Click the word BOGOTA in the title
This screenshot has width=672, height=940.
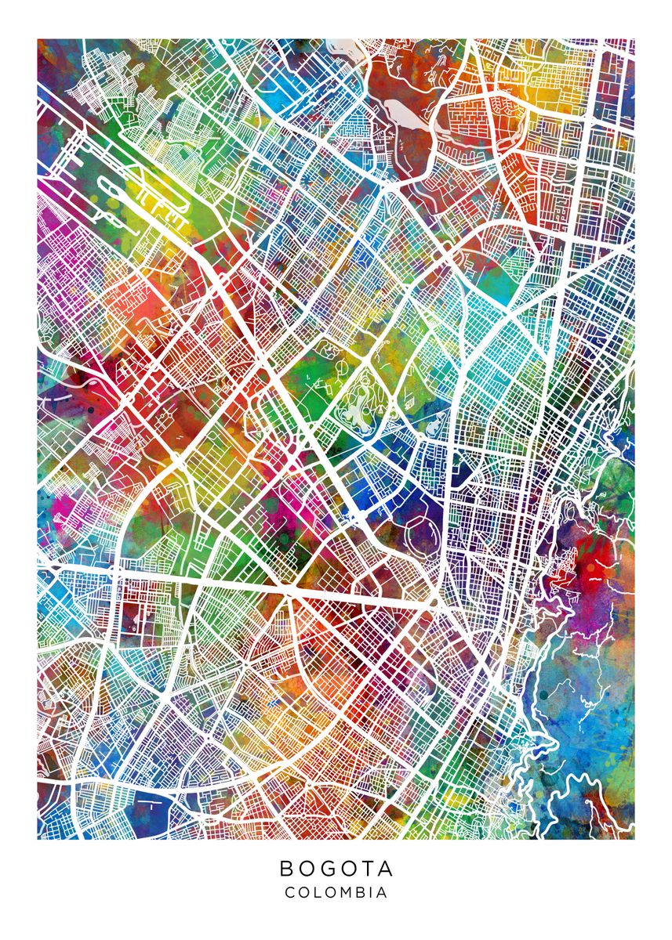click(x=336, y=869)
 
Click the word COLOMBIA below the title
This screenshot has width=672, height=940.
click(x=336, y=892)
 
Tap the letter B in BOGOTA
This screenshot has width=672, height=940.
click(x=286, y=869)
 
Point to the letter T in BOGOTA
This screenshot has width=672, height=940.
click(x=368, y=869)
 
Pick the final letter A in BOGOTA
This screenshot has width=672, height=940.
click(x=386, y=869)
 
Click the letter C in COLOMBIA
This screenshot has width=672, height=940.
click(x=289, y=892)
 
